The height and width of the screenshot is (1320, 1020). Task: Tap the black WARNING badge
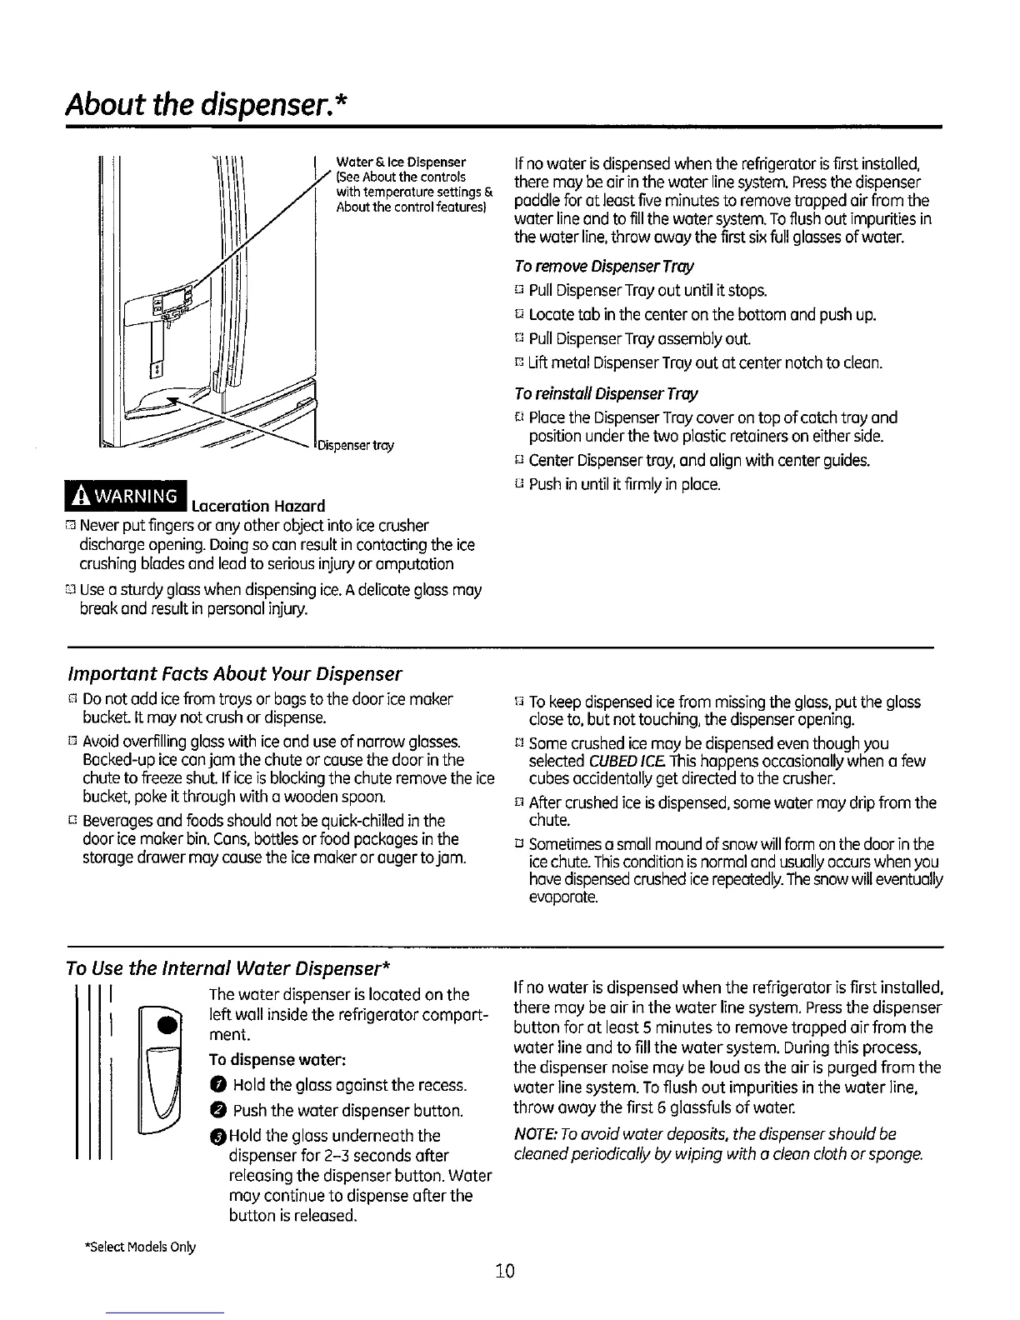click(137, 498)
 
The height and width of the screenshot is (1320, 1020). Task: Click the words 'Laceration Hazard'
click(257, 506)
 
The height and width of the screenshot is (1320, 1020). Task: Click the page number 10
click(504, 1271)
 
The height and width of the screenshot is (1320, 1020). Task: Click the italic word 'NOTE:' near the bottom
click(532, 1136)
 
